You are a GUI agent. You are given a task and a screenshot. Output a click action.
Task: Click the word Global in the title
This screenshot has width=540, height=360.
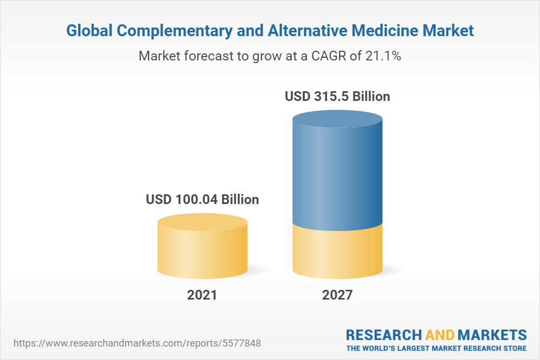pyautogui.click(x=89, y=31)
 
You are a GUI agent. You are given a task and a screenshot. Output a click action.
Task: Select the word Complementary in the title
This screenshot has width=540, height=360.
pyautogui.click(x=174, y=31)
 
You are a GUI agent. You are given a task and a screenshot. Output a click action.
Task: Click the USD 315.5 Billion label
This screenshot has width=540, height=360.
pyautogui.click(x=337, y=97)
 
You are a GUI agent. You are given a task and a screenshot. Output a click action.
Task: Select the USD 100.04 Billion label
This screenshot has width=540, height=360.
pyautogui.click(x=202, y=199)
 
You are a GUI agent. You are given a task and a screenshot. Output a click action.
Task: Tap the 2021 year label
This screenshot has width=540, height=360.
pyautogui.click(x=202, y=295)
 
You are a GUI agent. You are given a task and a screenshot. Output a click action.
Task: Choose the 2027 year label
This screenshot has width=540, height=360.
pyautogui.click(x=337, y=295)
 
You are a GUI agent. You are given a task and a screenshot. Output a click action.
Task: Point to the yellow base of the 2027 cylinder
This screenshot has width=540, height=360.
pyautogui.click(x=337, y=254)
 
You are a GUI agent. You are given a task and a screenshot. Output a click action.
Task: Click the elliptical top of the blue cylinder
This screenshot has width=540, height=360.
pyautogui.click(x=337, y=121)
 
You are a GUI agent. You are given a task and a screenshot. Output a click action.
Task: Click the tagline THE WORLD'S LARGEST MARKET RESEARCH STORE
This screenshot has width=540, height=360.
pyautogui.click(x=436, y=348)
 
